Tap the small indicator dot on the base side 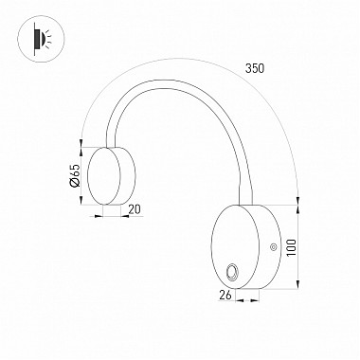click(274, 248)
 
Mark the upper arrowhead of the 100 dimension click(298, 203)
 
